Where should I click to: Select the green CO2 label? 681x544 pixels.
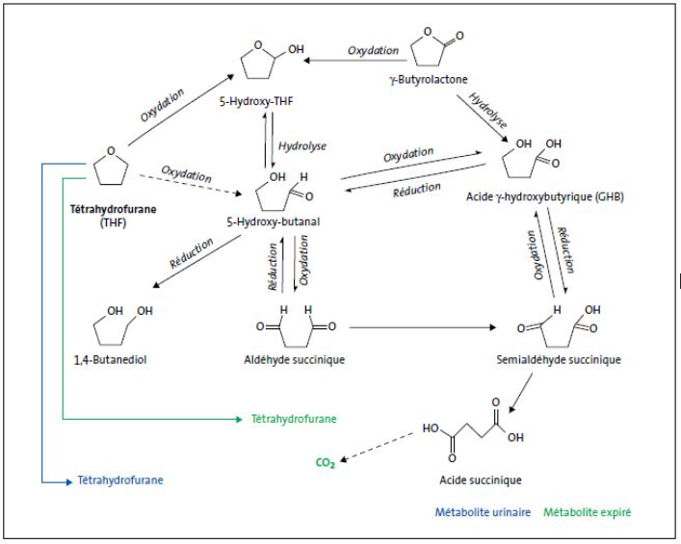click(325, 463)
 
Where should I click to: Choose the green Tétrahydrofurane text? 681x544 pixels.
click(289, 419)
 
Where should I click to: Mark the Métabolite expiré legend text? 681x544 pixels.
click(587, 513)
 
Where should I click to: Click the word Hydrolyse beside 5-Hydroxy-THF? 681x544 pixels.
click(301, 144)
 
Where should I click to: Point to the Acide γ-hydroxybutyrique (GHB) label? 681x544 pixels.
click(544, 197)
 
